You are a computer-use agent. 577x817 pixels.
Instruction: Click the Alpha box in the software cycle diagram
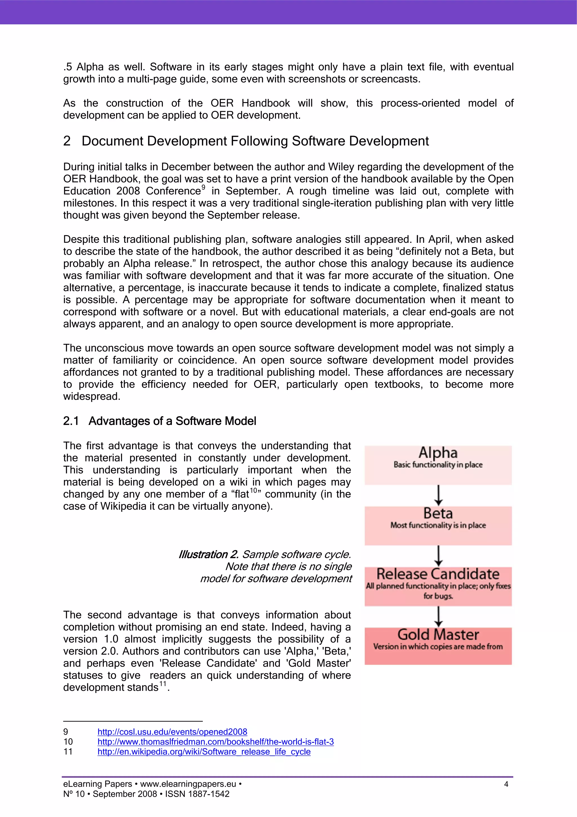pos(438,465)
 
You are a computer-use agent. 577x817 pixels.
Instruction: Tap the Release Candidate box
pos(438,586)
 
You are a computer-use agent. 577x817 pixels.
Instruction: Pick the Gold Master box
pos(438,646)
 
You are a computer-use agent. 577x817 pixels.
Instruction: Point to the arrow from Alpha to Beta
pos(438,495)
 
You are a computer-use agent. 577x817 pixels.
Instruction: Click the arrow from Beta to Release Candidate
pos(438,556)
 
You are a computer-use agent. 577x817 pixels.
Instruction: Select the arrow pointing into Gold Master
pos(438,616)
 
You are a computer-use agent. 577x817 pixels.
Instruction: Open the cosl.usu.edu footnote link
pos(172,732)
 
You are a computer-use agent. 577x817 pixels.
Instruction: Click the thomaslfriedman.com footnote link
pos(216,742)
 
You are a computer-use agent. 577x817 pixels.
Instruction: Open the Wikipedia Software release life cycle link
pos(204,752)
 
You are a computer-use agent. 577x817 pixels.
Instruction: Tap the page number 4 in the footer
pos(506,784)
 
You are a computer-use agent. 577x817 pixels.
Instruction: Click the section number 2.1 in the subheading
pos(71,421)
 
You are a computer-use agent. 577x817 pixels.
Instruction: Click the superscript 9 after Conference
pos(203,187)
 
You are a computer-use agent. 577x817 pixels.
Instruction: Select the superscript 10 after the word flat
pos(253,490)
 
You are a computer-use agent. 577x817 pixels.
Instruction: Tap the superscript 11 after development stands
pos(163,684)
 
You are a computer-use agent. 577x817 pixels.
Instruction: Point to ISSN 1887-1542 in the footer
pos(197,794)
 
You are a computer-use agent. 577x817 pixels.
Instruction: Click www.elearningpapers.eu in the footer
pos(188,784)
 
